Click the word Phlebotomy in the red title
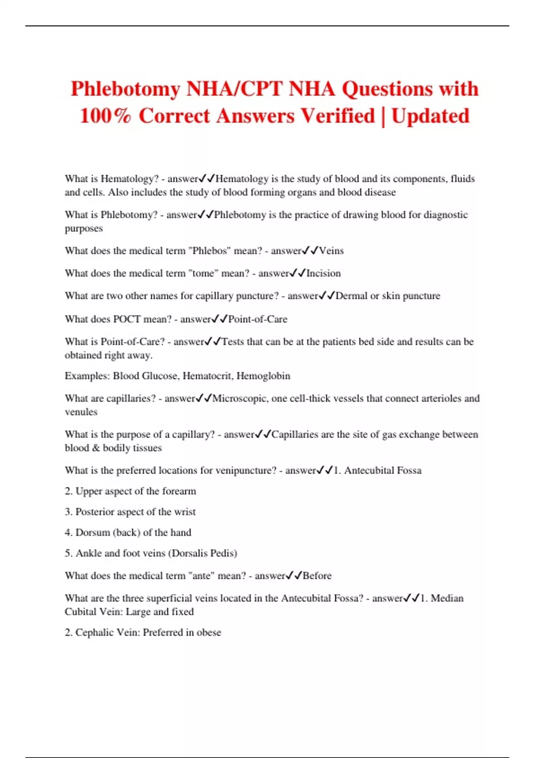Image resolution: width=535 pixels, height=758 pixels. coord(126,89)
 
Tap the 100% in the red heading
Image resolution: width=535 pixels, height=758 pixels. coord(105,116)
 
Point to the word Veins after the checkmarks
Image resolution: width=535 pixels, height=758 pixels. coord(331,251)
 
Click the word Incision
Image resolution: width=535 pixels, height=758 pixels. coord(323,273)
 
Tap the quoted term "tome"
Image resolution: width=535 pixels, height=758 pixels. coord(203,273)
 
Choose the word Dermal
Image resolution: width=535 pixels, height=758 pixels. coord(351,296)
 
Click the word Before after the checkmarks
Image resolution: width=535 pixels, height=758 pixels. coord(317,576)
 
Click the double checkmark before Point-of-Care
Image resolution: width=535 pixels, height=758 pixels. coord(220,319)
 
